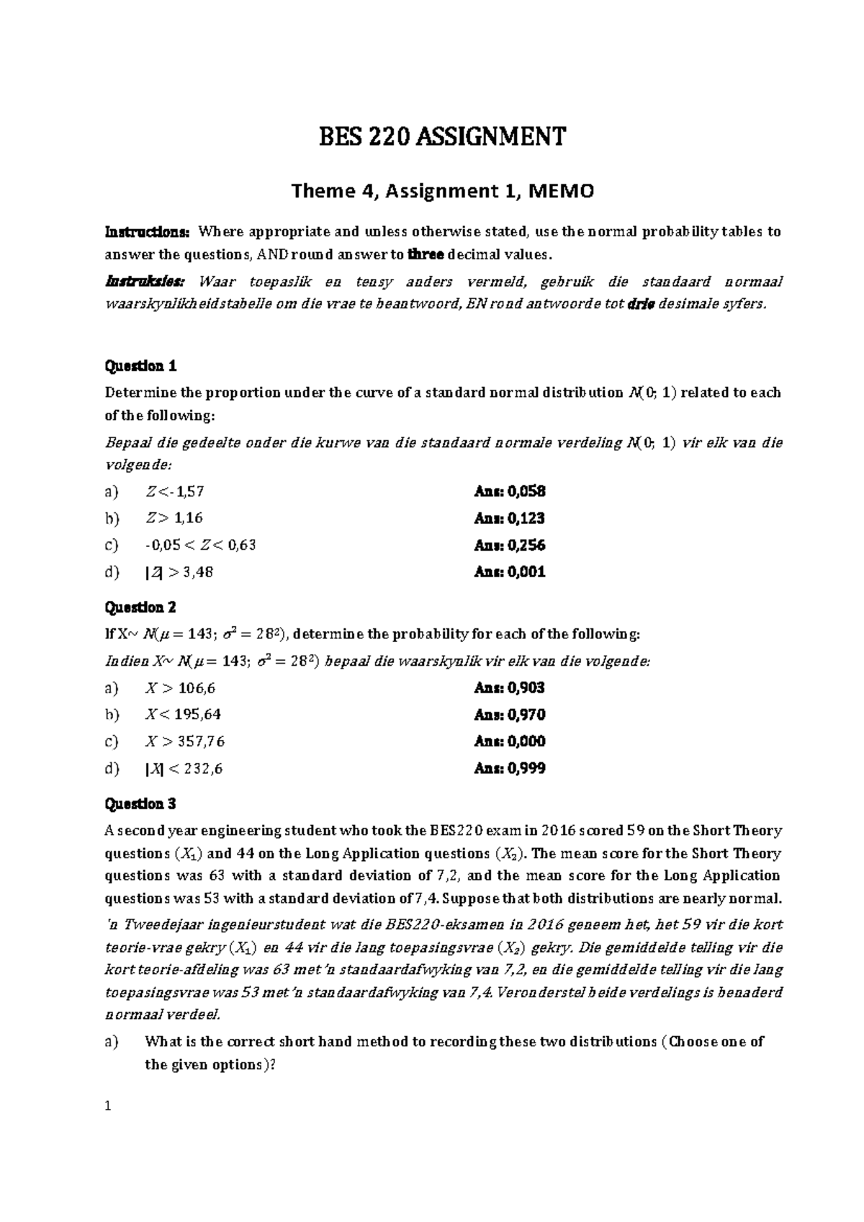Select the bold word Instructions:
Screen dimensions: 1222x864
(x=148, y=232)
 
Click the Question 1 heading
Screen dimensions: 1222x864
(x=141, y=366)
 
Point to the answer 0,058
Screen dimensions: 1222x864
(x=526, y=491)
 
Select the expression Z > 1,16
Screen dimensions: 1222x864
(x=174, y=518)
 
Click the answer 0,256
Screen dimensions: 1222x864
(x=526, y=545)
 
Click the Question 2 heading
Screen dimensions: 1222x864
(x=141, y=607)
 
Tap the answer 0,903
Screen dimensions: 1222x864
(x=526, y=688)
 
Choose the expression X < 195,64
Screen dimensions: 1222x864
(x=183, y=715)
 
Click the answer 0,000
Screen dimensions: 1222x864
(x=526, y=741)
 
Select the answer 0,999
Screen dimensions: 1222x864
(x=526, y=769)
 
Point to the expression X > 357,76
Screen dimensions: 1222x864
(x=185, y=741)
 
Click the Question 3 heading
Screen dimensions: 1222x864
(x=141, y=803)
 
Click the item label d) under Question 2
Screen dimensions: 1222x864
(x=112, y=769)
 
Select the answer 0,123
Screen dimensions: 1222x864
(x=526, y=518)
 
